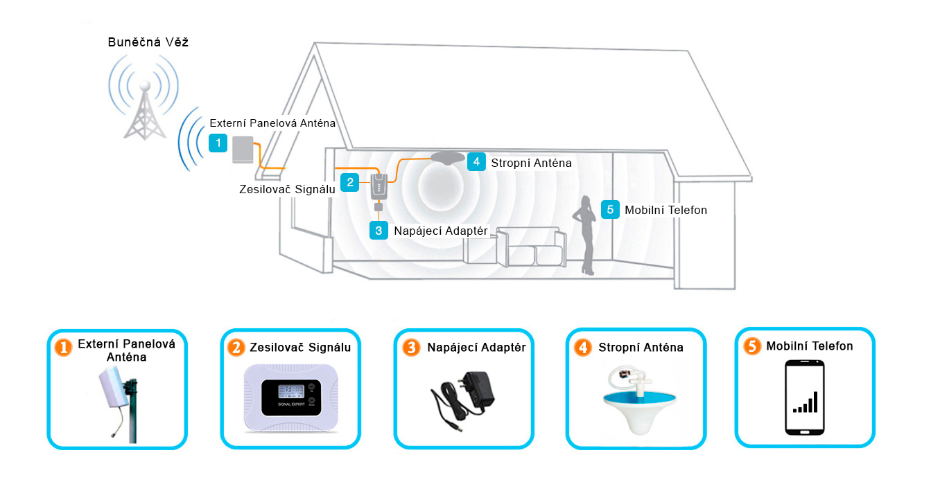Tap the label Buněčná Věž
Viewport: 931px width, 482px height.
click(148, 43)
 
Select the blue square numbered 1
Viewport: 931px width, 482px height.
click(218, 143)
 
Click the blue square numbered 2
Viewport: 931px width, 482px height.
click(351, 182)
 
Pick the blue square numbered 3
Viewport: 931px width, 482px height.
click(379, 230)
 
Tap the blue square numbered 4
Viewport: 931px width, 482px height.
click(476, 162)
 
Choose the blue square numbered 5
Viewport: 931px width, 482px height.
click(609, 209)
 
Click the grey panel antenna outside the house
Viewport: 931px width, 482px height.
click(243, 150)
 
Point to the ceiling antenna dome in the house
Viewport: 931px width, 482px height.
click(448, 158)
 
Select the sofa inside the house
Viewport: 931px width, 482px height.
click(514, 248)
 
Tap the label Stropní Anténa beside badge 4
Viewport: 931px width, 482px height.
click(531, 163)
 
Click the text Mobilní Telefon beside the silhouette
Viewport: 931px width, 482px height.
click(665, 210)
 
